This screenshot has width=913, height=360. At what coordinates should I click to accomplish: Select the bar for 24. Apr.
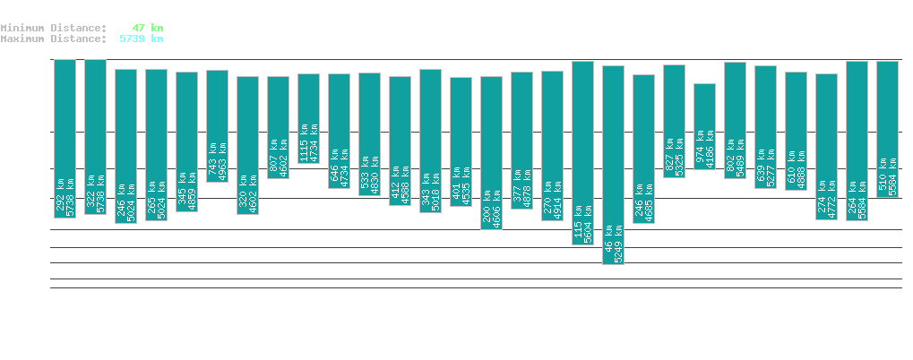pos(704,126)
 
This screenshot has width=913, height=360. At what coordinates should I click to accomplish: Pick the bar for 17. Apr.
pos(491,152)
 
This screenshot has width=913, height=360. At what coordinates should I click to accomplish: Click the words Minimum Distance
pos(53,28)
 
